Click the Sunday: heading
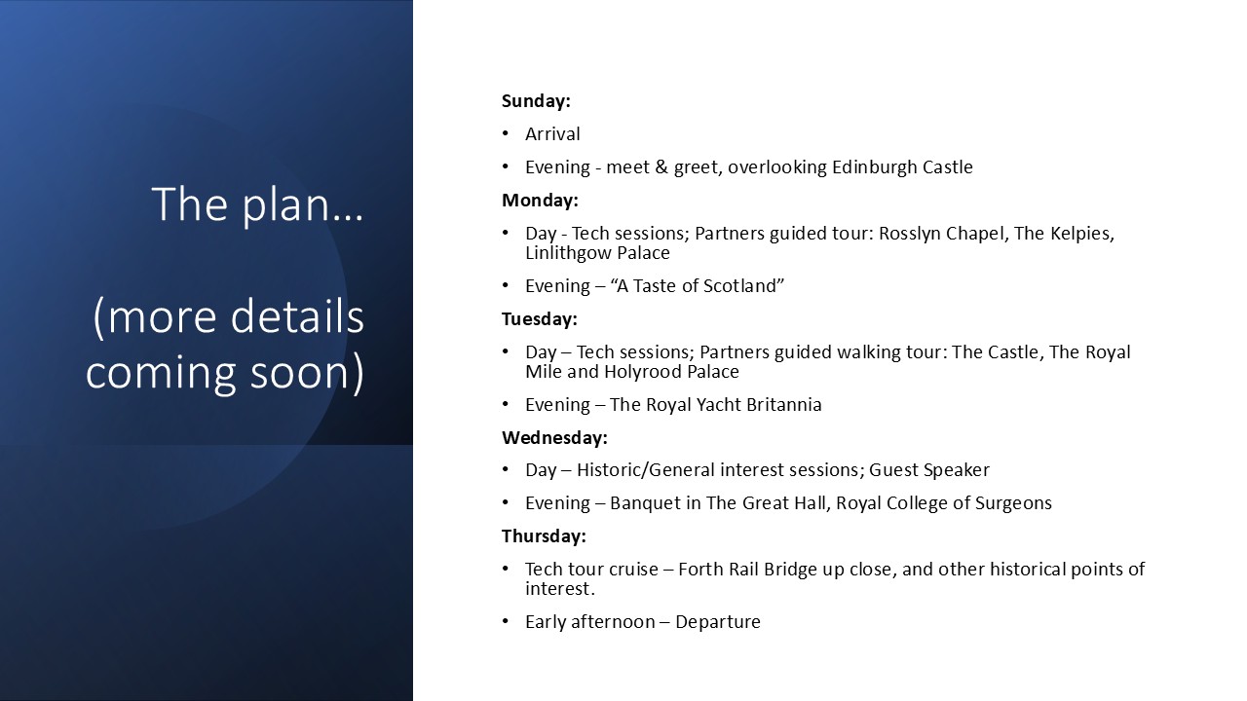click(x=536, y=100)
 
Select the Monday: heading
click(x=540, y=201)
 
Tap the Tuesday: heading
click(x=540, y=319)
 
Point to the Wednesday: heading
click(x=554, y=438)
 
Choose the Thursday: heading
click(x=544, y=536)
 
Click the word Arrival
click(x=552, y=134)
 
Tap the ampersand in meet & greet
click(x=661, y=166)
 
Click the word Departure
click(x=718, y=622)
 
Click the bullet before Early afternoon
click(x=506, y=621)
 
